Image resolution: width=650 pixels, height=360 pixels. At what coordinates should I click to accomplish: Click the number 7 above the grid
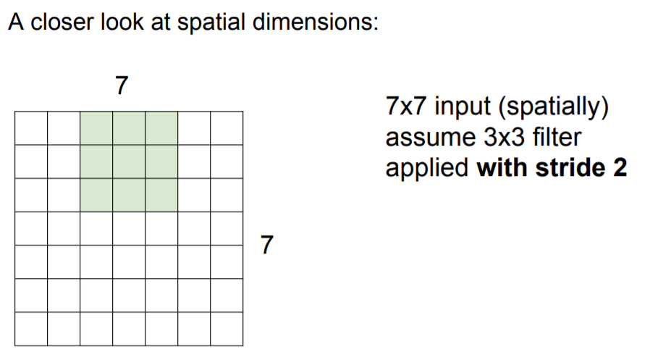click(x=122, y=86)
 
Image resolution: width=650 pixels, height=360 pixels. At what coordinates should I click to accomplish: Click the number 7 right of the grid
click(x=267, y=245)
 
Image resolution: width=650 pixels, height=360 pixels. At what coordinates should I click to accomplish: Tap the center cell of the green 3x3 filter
click(x=129, y=162)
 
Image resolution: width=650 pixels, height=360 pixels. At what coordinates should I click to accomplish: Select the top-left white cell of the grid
click(x=31, y=128)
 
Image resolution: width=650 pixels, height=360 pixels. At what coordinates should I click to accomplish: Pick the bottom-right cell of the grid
click(x=227, y=329)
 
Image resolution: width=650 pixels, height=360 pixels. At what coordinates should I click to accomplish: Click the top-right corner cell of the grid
click(x=227, y=128)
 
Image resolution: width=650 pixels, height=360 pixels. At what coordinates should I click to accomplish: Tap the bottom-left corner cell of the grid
click(x=31, y=329)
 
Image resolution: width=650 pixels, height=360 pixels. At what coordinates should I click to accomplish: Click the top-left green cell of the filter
click(x=96, y=128)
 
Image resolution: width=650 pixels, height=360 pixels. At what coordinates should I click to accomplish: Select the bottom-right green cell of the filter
click(x=161, y=195)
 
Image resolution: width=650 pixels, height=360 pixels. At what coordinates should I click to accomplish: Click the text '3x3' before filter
click(x=491, y=138)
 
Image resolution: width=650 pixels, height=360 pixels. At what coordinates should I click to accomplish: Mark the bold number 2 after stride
click(x=620, y=167)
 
